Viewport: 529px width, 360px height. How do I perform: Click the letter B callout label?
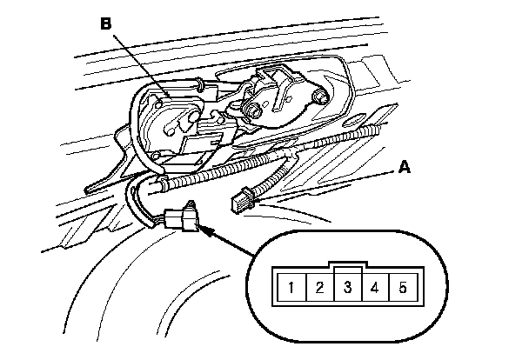[x=106, y=25]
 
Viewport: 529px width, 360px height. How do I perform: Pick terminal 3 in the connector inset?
[x=348, y=286]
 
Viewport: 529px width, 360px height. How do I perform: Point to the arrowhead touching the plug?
[x=209, y=230]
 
